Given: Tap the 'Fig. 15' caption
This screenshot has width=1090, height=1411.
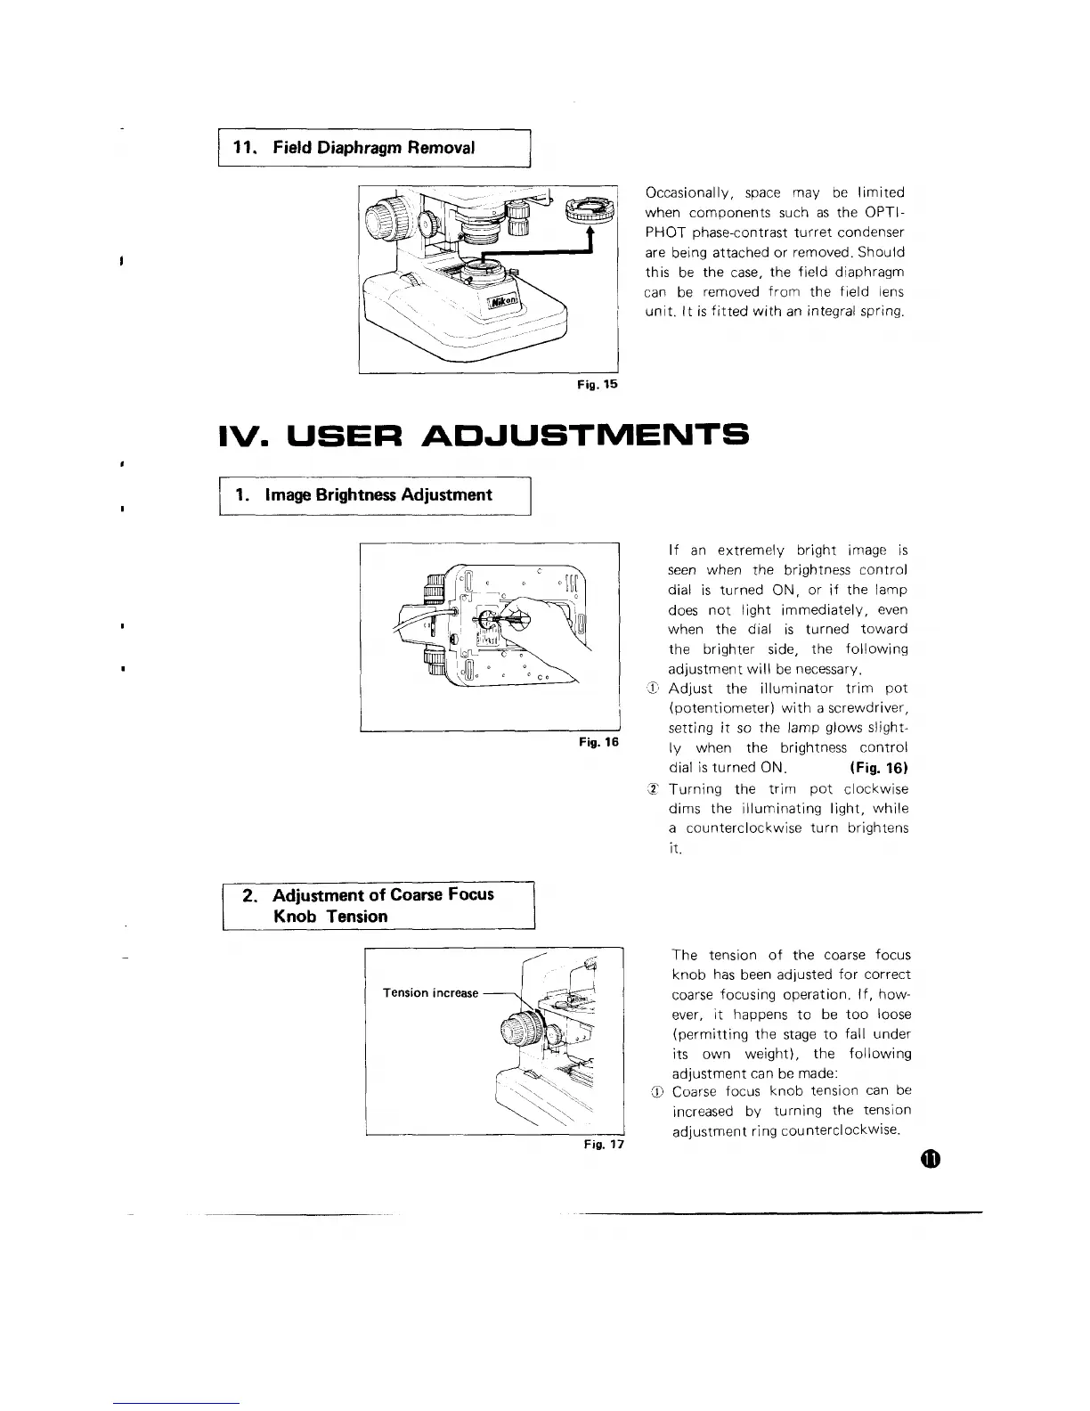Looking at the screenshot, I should (600, 385).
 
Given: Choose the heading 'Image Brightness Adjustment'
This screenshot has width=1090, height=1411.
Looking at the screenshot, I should (378, 494).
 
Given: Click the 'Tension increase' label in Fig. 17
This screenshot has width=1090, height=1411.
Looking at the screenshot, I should (430, 992).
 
